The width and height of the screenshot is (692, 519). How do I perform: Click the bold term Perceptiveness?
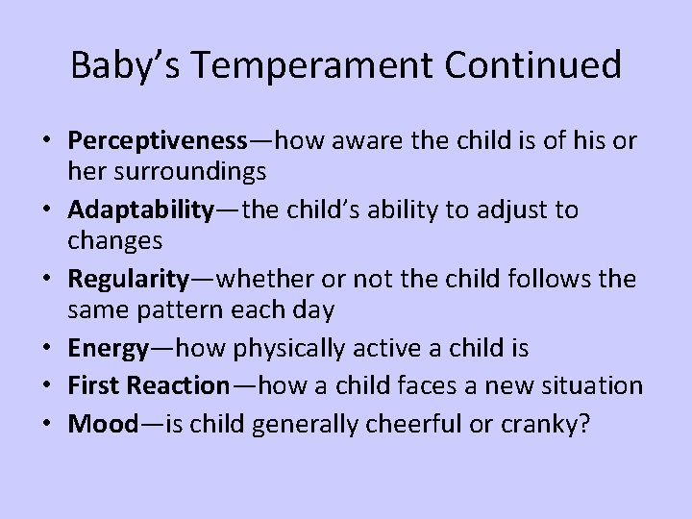pyautogui.click(x=157, y=139)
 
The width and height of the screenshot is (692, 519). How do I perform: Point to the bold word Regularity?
pyautogui.click(x=129, y=280)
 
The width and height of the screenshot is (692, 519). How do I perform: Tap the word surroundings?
pyautogui.click(x=187, y=174)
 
